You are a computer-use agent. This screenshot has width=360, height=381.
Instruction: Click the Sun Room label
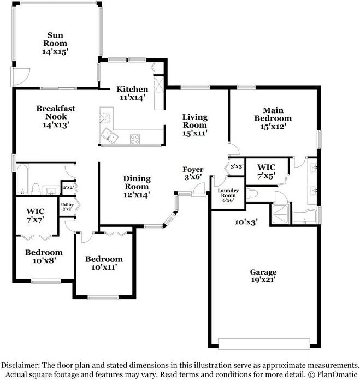pyautogui.click(x=55, y=43)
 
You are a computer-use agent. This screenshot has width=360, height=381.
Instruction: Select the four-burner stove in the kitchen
pyautogui.click(x=135, y=139)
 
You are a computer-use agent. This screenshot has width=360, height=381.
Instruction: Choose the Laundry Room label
pyautogui.click(x=227, y=195)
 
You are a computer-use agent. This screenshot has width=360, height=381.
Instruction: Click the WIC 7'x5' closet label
pyautogui.click(x=266, y=170)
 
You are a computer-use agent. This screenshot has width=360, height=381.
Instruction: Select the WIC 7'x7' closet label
pyautogui.click(x=36, y=215)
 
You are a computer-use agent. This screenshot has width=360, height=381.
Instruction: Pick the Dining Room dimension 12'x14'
pyautogui.click(x=137, y=194)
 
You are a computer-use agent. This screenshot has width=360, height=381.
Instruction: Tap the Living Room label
pyautogui.click(x=194, y=124)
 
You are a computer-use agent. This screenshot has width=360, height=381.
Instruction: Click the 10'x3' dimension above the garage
pyautogui.click(x=245, y=222)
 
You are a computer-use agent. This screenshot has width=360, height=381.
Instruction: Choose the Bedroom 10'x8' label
pyautogui.click(x=44, y=256)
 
